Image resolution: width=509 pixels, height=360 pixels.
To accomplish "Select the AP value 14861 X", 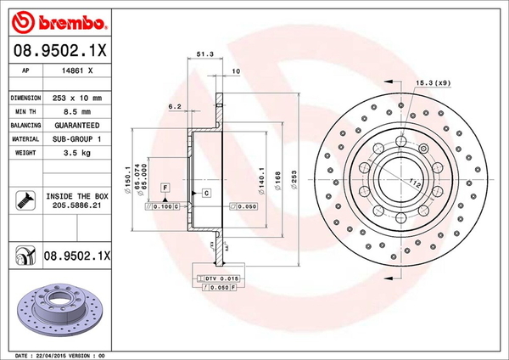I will [x=76, y=70].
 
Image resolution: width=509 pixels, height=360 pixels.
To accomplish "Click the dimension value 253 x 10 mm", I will [x=76, y=98].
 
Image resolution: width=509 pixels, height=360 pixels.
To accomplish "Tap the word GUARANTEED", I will [x=76, y=124].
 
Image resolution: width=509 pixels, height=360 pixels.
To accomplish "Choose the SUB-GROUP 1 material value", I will [x=76, y=138].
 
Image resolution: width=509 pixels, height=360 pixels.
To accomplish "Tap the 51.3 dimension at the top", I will [x=204, y=54].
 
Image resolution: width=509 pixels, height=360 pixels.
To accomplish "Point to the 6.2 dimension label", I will [x=175, y=106].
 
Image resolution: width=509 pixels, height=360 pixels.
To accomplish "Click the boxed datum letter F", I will [x=165, y=186].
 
